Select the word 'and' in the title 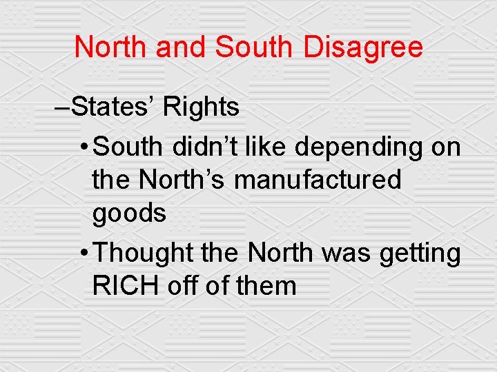click(182, 48)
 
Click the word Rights click(202, 108)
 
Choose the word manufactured click(318, 180)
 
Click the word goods click(129, 215)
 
